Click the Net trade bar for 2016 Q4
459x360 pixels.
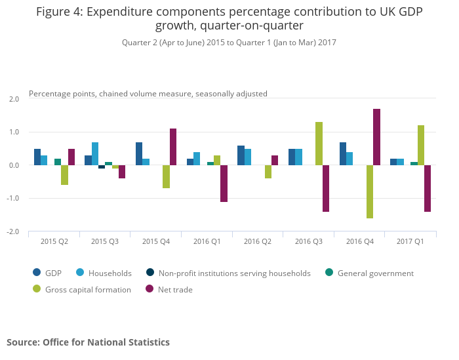coord(377,137)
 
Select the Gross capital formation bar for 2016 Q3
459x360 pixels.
coord(319,144)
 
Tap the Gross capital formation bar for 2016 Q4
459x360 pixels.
coord(370,191)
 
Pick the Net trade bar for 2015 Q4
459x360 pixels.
coord(173,147)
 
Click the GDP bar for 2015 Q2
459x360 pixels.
coord(37,157)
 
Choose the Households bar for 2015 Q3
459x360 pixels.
coord(95,154)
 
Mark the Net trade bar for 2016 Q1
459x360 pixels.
coord(224,184)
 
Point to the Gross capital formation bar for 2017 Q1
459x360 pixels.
coord(421,146)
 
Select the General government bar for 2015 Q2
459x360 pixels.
coord(58,162)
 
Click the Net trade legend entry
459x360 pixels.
coord(172,289)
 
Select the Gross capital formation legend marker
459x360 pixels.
coord(37,289)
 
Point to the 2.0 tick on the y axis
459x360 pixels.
coord(14,99)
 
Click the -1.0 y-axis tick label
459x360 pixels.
coord(14,199)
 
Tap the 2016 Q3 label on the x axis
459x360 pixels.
coord(308,242)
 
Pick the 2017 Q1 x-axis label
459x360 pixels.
coord(410,242)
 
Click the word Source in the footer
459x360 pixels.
coord(22,342)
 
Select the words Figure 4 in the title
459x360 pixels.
coord(64,12)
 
